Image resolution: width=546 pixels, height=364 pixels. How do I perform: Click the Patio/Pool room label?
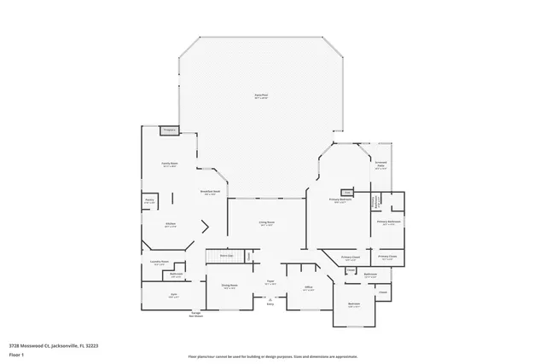tap(261, 96)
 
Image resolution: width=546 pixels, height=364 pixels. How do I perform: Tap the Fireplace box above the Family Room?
tap(170, 130)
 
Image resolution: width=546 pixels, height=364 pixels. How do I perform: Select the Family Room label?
tap(170, 164)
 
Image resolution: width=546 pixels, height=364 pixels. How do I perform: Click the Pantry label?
tap(149, 200)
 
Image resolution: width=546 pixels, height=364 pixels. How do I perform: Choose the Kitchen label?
tap(170, 225)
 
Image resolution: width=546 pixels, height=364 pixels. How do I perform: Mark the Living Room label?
tap(267, 223)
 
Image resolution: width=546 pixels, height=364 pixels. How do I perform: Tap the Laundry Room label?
tap(160, 263)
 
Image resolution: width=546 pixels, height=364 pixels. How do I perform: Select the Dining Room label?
tap(229, 286)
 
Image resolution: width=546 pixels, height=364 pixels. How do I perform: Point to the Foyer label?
tap(270, 282)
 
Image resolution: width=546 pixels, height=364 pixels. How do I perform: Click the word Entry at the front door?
tap(270, 303)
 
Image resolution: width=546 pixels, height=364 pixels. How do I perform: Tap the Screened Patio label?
tap(381, 167)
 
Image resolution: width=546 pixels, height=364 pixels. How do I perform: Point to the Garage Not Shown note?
tap(195, 315)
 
